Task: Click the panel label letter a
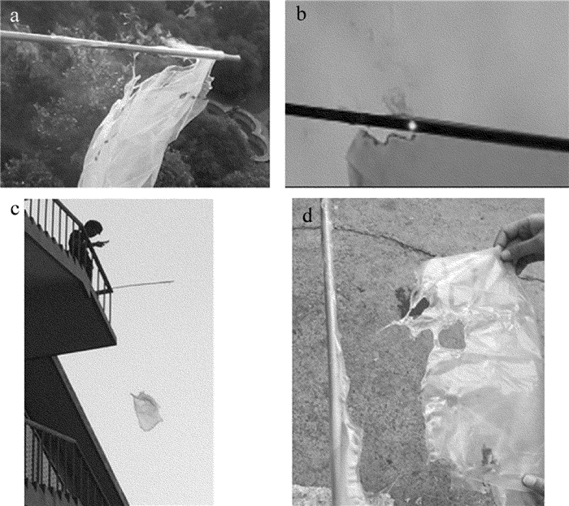tap(14, 16)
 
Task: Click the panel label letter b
tap(302, 14)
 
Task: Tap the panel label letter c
tap(15, 210)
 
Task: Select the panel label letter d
tap(307, 216)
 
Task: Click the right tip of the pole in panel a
tap(240, 57)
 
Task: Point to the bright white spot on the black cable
tap(412, 125)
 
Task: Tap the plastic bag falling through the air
tap(146, 410)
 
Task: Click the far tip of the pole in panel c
tap(173, 281)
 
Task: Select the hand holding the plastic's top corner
tap(521, 241)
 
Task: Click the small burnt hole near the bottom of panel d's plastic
tap(488, 456)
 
